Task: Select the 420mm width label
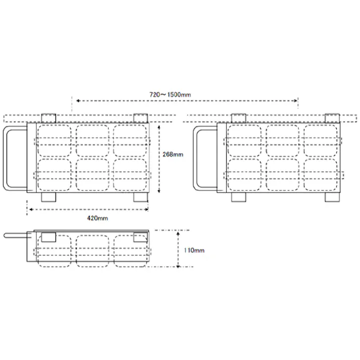[x=97, y=218]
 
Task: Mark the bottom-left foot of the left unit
[x=48, y=197]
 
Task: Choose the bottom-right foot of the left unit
[x=141, y=197]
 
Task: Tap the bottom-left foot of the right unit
[x=238, y=197]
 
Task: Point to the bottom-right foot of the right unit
[x=332, y=197]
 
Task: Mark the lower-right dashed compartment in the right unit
[x=322, y=175]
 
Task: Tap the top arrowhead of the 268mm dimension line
[x=160, y=128]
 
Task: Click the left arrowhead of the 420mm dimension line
[x=29, y=209]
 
